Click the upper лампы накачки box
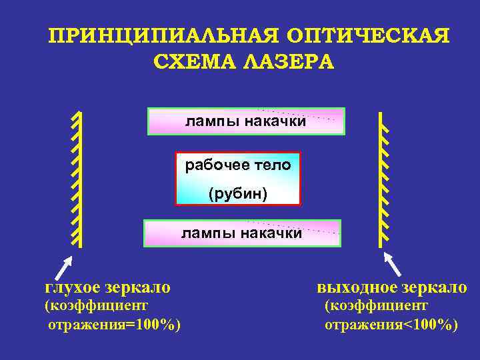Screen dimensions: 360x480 pos(246,121)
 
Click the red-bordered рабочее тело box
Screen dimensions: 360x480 pos(238,179)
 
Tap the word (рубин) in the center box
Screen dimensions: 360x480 pos(238,194)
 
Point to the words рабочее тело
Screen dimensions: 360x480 pos(238,165)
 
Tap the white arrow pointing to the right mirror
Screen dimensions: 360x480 pos(393,263)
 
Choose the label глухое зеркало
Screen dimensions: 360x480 pos(107,287)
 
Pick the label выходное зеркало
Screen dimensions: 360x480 pos(392,287)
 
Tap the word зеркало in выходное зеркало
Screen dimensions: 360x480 pos(433,287)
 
